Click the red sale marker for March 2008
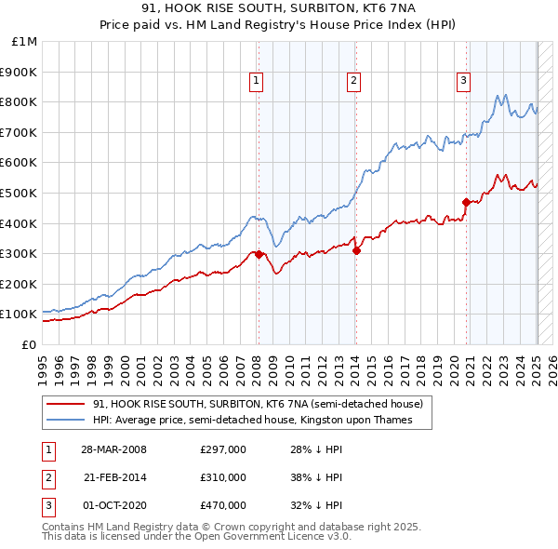click(258, 254)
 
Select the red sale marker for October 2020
click(467, 201)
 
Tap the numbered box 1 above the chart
click(256, 81)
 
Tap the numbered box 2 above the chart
click(354, 81)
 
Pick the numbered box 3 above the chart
click(463, 81)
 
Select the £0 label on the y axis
click(28, 344)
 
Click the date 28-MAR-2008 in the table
click(113, 449)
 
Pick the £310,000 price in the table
click(223, 477)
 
